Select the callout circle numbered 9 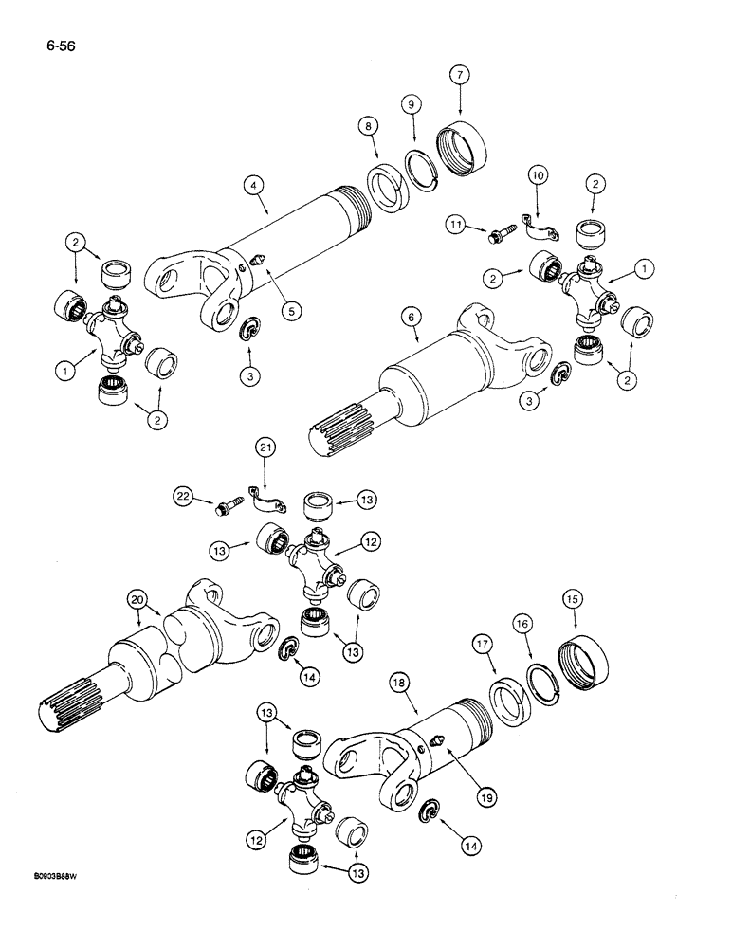click(x=412, y=106)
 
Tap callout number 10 click(x=537, y=177)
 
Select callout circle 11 click(x=458, y=224)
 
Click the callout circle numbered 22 click(x=183, y=495)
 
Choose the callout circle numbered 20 click(x=139, y=600)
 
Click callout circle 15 click(x=574, y=600)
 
